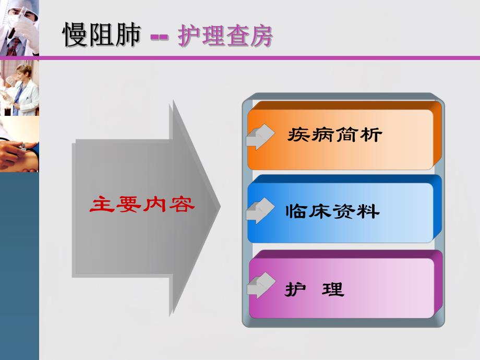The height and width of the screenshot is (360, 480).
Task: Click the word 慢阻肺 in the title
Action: point(102,35)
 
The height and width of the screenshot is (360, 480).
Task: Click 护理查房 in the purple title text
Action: point(225,36)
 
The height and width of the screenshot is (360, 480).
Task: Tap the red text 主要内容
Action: point(142,205)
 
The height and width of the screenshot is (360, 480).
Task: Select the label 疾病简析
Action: point(334,136)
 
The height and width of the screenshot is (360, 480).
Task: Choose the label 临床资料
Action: point(332,211)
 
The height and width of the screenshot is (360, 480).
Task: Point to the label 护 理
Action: point(315,289)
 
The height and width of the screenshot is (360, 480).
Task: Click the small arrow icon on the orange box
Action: point(260,137)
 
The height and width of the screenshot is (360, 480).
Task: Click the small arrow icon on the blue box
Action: point(260,211)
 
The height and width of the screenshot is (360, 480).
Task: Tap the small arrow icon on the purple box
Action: point(260,285)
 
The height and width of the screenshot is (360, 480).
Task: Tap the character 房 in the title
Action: point(260,36)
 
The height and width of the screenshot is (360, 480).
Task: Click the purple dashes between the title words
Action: point(160,38)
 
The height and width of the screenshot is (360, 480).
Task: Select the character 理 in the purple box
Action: point(333,289)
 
